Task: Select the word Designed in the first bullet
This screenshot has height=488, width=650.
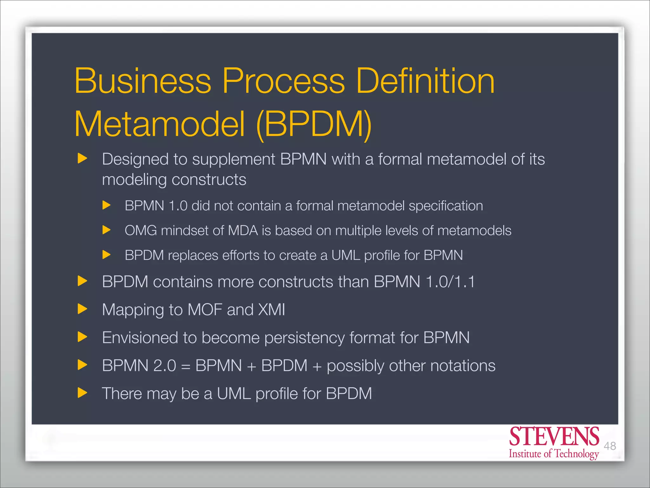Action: coord(135,159)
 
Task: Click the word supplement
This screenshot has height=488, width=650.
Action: coord(234,160)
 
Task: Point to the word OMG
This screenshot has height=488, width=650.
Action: coord(141,231)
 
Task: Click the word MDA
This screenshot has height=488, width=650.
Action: coord(243,231)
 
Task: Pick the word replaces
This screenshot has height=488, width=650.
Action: coord(193,255)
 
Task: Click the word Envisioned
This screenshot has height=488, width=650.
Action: coord(140,337)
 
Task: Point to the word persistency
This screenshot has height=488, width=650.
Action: coord(304,338)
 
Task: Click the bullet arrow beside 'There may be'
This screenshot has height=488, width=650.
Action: coord(82,393)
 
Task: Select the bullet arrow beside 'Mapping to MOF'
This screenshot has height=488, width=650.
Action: coord(82,309)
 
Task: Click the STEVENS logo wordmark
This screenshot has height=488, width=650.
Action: coord(554,437)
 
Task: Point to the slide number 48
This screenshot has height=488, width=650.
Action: coord(610,446)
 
